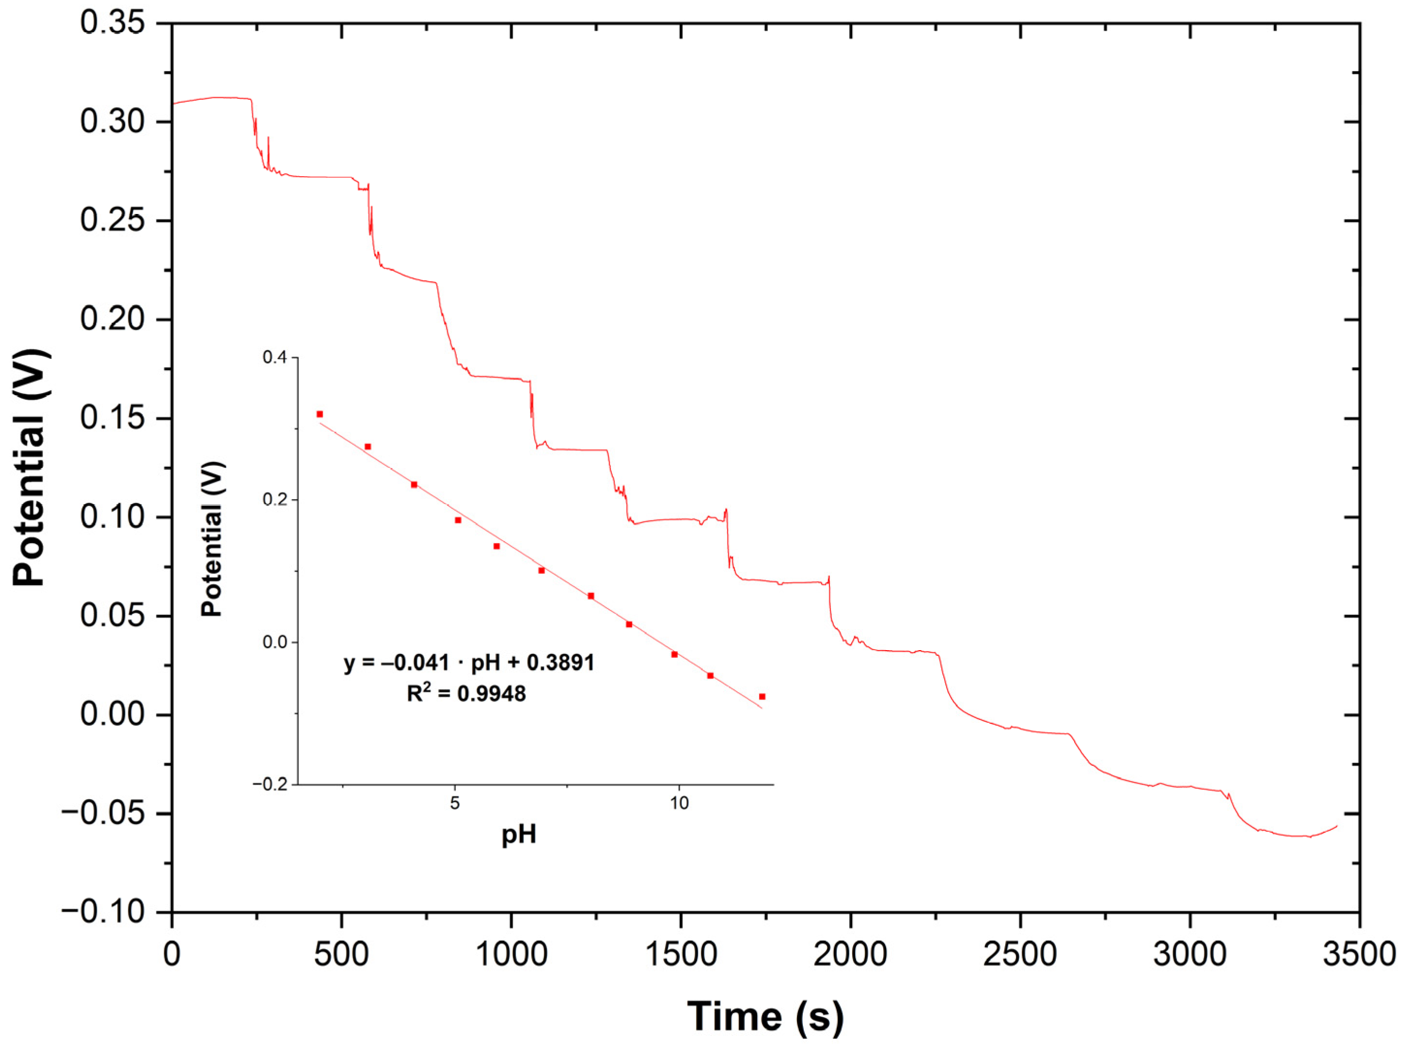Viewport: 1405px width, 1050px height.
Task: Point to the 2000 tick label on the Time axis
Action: (x=850, y=954)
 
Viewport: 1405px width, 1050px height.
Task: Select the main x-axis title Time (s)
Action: (x=765, y=1016)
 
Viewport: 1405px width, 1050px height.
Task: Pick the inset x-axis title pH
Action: (x=519, y=834)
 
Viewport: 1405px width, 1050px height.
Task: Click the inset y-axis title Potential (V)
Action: (x=212, y=539)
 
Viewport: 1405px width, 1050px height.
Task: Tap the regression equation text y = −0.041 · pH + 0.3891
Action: (x=469, y=663)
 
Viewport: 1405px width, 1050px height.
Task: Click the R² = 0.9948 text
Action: (x=466, y=694)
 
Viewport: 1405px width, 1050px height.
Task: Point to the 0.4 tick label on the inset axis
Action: (x=275, y=357)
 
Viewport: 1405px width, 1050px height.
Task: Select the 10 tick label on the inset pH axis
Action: (x=679, y=804)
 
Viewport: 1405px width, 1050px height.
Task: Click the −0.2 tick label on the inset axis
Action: (x=270, y=785)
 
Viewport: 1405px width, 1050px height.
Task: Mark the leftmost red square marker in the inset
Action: (x=319, y=414)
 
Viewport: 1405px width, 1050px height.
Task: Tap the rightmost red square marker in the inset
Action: (x=762, y=697)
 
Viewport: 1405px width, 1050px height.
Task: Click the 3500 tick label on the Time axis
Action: (x=1358, y=954)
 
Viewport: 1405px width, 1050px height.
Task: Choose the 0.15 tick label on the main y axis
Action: (x=104, y=418)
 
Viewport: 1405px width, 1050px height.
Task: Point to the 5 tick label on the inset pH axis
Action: (x=455, y=804)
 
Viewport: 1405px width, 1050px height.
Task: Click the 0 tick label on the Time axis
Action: (x=172, y=954)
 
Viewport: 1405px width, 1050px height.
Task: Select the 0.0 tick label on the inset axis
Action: (x=275, y=642)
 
